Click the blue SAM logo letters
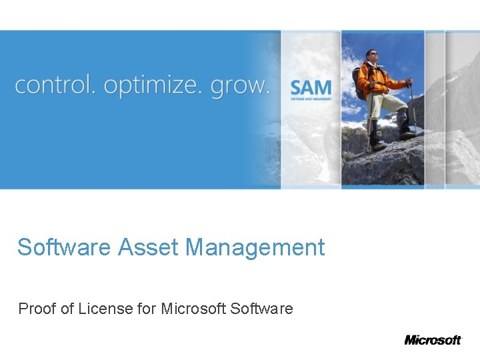[310, 87]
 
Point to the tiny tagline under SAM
[310, 99]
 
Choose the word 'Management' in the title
[255, 248]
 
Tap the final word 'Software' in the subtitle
[261, 309]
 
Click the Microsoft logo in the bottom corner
[433, 339]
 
